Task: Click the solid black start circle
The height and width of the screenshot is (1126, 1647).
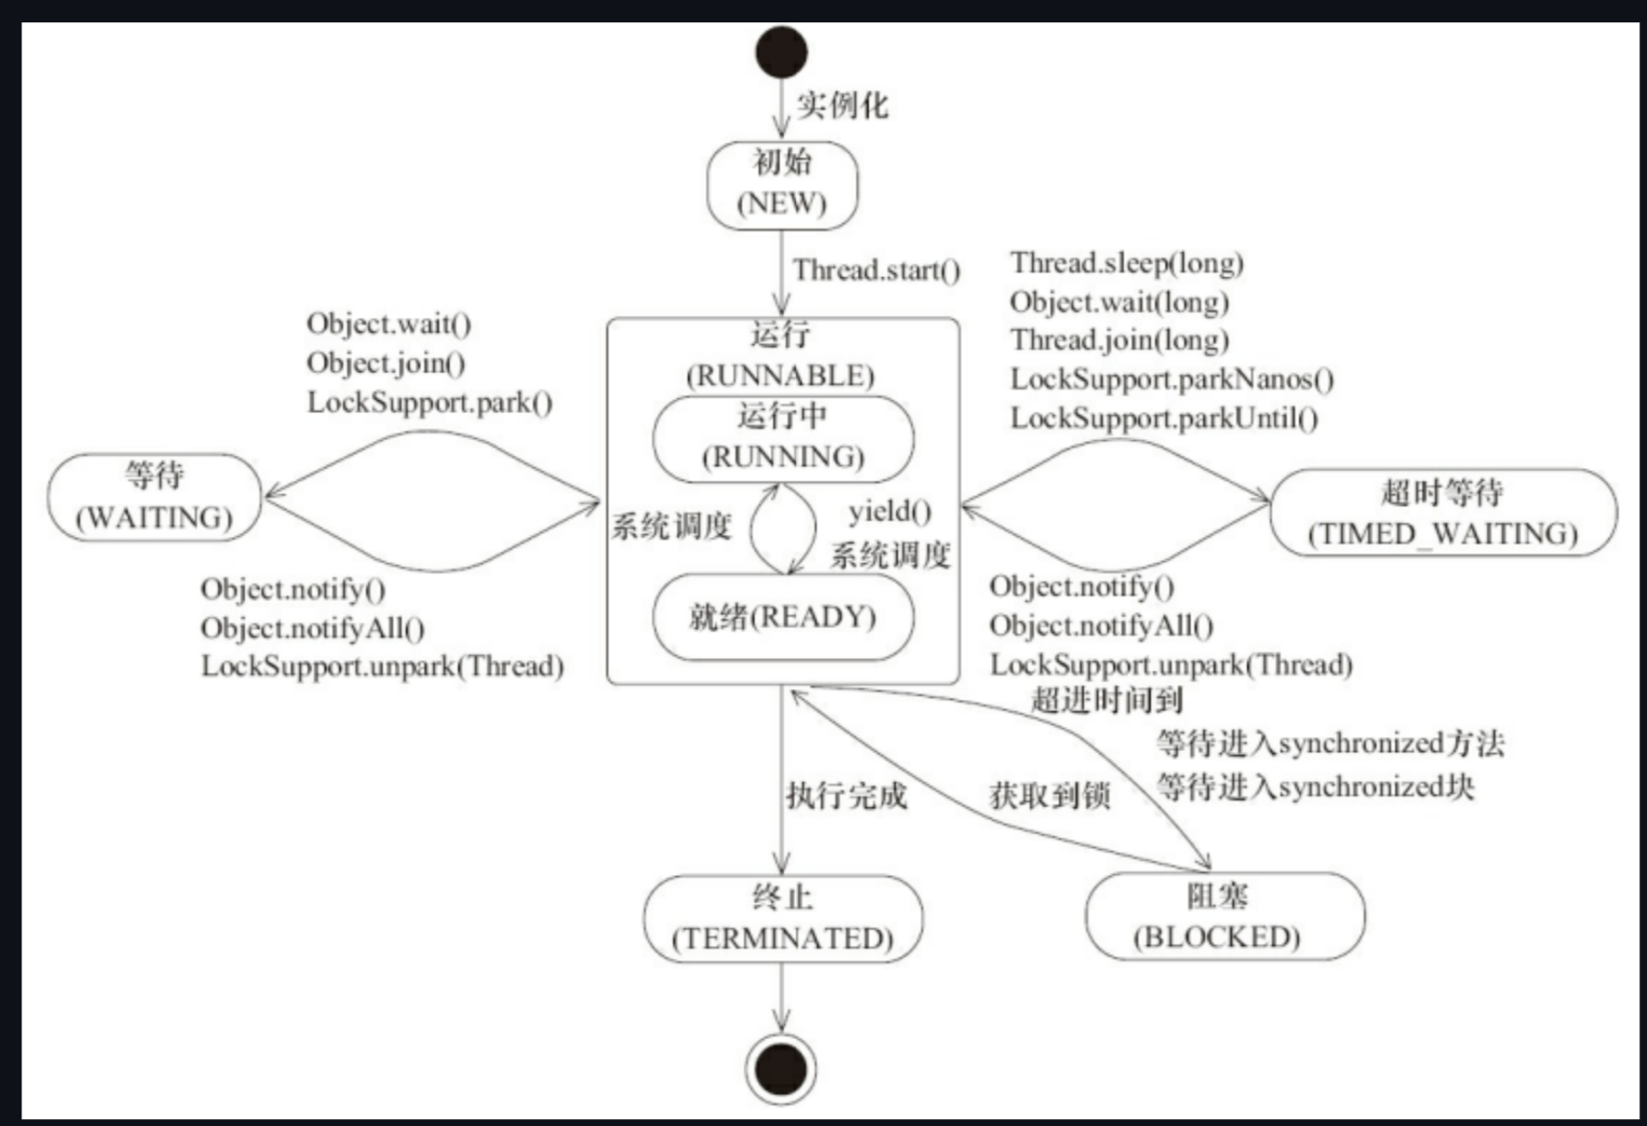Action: click(x=781, y=52)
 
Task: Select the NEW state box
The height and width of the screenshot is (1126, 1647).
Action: click(x=782, y=184)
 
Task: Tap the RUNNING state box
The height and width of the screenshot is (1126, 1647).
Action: click(x=783, y=438)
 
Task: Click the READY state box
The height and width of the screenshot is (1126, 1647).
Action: click(x=783, y=617)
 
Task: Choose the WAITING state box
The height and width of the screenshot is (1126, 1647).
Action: click(x=154, y=497)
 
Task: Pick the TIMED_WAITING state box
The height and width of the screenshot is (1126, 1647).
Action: click(x=1443, y=513)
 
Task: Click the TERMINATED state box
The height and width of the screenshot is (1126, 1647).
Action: click(x=782, y=919)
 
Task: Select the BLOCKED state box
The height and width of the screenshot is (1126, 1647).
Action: click(x=1224, y=917)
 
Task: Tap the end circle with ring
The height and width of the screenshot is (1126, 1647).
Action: click(x=781, y=1069)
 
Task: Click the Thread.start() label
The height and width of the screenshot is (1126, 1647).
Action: click(x=876, y=270)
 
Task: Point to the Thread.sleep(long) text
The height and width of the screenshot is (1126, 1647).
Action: click(x=1127, y=264)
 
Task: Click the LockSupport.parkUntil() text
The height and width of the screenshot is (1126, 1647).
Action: click(x=1164, y=419)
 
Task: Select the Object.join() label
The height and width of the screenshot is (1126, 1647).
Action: click(x=386, y=363)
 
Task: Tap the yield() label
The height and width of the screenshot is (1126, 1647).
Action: click(x=889, y=511)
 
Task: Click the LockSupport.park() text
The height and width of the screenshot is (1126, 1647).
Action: click(x=429, y=402)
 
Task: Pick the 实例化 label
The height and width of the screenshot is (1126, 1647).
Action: click(x=842, y=105)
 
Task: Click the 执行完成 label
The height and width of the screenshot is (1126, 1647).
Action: click(x=846, y=796)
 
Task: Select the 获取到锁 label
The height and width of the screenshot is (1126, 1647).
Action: click(x=1049, y=796)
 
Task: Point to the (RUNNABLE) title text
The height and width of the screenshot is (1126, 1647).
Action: click(x=780, y=376)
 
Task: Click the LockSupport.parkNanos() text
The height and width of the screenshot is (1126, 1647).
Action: click(x=1171, y=380)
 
